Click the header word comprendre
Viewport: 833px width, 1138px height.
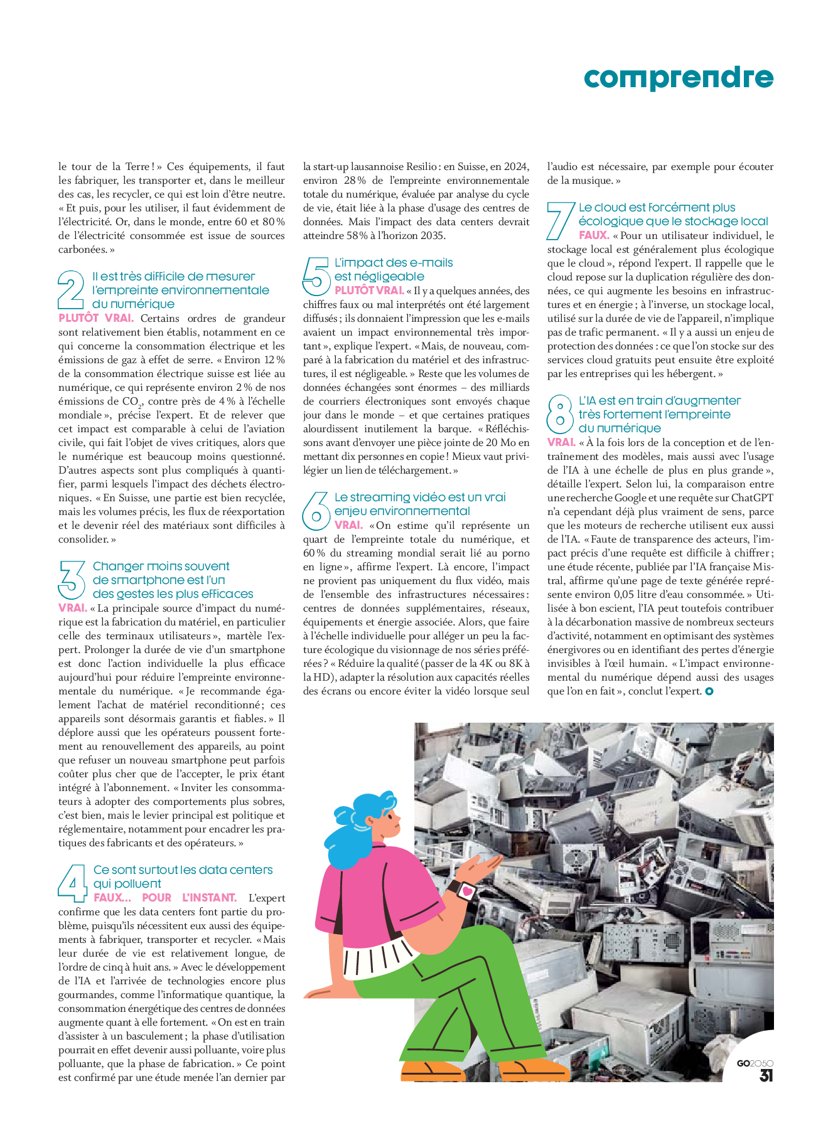678,78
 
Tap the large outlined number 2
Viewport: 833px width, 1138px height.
71,289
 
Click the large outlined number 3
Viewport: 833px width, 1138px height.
72,580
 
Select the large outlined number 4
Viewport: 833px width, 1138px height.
72,883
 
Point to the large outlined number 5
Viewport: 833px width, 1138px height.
316,276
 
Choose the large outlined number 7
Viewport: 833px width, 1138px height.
560,220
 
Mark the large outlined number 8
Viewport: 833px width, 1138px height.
560,414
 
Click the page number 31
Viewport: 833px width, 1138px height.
766,1075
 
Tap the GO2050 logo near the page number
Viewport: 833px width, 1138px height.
755,1063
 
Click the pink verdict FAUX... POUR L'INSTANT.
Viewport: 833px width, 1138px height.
164,898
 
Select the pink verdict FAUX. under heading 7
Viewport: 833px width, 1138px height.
594,235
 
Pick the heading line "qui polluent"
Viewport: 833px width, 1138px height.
127,883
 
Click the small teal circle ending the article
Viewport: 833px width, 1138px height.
709,691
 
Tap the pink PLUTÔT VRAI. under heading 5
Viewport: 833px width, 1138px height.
369,290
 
